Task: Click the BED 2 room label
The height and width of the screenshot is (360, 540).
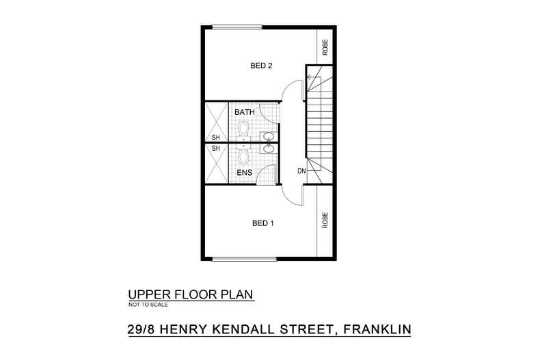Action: tap(261, 66)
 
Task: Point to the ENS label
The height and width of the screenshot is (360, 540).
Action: tap(244, 173)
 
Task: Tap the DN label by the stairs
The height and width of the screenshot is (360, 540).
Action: tap(301, 169)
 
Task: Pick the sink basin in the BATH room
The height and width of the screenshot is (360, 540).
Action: tap(269, 136)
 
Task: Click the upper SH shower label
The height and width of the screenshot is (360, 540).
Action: tap(215, 137)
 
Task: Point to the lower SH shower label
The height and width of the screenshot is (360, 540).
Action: tap(215, 148)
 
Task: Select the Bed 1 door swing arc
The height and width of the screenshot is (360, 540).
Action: tap(292, 195)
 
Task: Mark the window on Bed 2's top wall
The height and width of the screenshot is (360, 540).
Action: tap(244, 27)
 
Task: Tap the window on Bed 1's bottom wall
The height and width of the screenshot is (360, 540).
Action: tap(244, 258)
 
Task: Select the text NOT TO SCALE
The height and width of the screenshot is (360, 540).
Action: tap(148, 305)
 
